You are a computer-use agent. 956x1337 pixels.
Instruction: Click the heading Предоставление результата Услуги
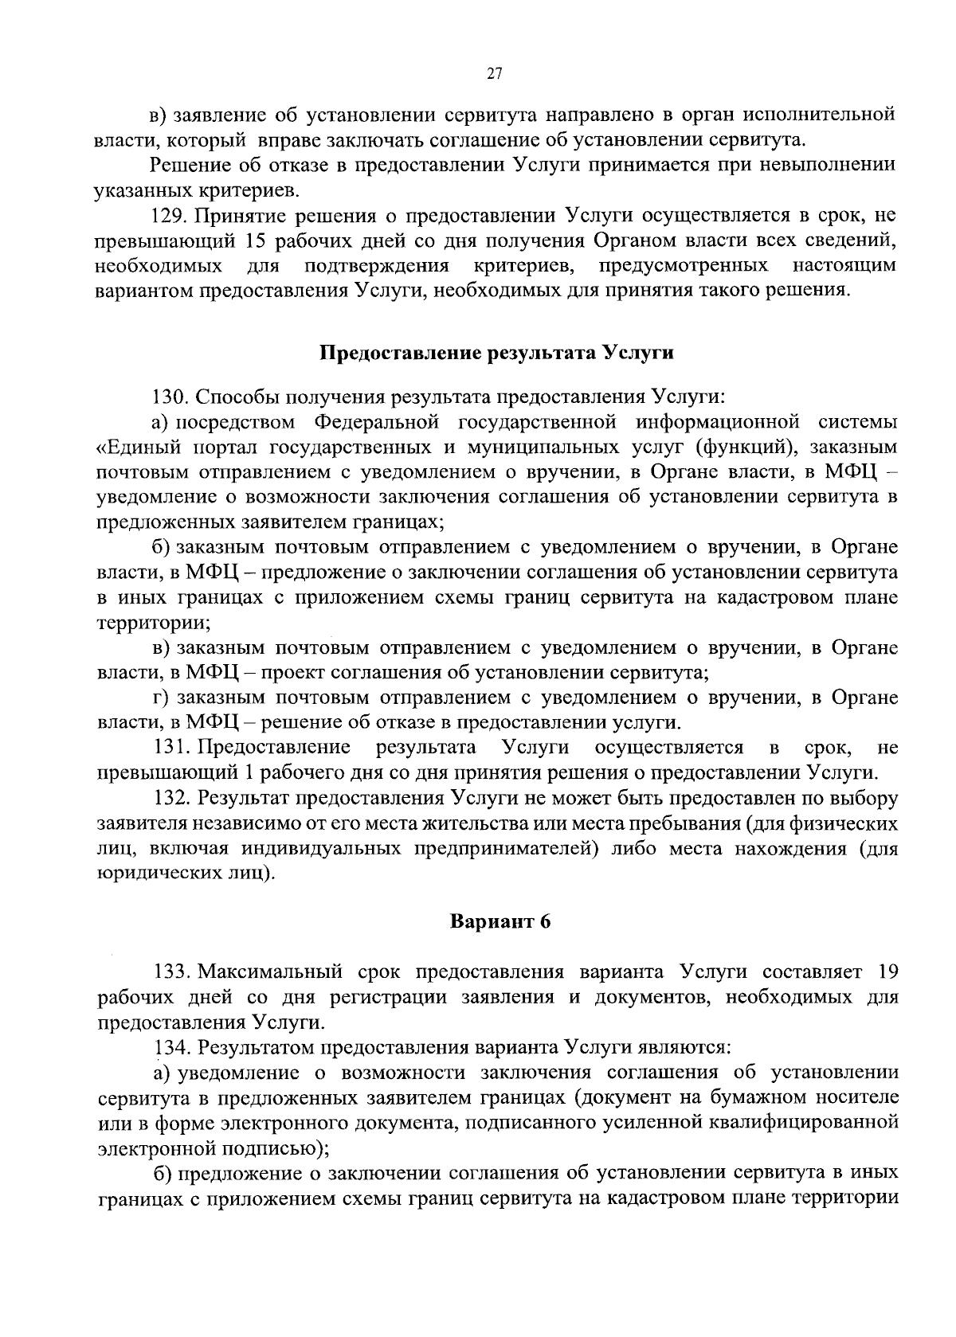(497, 354)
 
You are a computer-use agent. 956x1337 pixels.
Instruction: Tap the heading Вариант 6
(500, 922)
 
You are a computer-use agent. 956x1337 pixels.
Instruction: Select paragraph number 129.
(169, 215)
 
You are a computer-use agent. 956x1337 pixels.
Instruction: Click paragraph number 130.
(169, 396)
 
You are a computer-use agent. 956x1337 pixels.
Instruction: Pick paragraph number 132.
(170, 797)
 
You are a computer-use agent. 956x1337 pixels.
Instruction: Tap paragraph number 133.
(170, 971)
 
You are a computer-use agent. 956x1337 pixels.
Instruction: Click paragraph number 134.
(170, 1046)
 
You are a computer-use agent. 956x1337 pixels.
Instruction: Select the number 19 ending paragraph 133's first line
(886, 971)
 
